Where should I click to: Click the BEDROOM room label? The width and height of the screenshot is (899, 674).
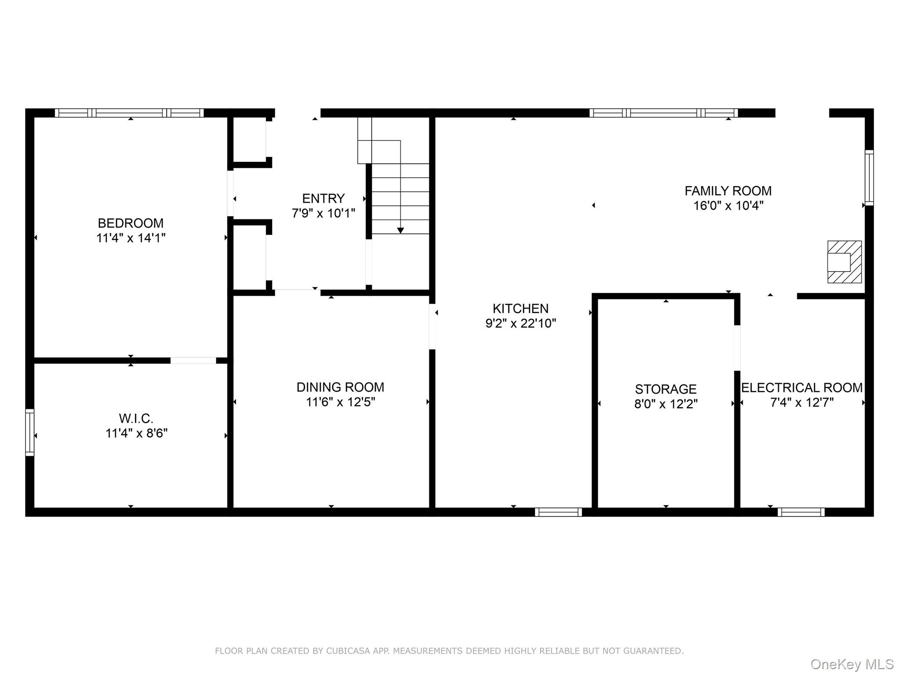point(131,223)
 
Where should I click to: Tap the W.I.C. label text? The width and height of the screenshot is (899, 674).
point(136,419)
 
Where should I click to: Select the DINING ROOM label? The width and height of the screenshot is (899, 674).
point(340,387)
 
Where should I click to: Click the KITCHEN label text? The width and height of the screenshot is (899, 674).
point(521,308)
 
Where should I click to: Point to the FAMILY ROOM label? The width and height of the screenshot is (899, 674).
point(728,191)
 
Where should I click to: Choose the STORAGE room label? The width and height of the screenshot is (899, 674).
point(666,389)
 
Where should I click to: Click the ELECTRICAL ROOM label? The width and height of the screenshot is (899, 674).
point(802,388)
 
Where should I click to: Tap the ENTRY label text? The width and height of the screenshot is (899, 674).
point(324,198)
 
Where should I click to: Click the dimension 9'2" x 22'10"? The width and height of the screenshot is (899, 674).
point(521,323)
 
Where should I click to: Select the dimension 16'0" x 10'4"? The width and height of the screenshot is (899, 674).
point(728,205)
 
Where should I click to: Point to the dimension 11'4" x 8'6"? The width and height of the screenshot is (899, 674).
point(137,434)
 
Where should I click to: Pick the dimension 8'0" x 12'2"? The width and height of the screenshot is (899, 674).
point(666,404)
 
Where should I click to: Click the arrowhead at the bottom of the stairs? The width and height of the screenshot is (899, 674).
point(400,230)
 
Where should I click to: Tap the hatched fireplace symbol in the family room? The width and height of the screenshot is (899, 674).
point(845,262)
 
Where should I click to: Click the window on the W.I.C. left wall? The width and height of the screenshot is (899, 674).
point(29,432)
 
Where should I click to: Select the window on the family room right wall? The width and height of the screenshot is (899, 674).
point(869,178)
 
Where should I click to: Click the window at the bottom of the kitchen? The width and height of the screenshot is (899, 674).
point(558,512)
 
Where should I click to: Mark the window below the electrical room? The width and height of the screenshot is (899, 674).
point(801,512)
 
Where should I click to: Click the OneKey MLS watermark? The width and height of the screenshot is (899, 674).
point(852,664)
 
